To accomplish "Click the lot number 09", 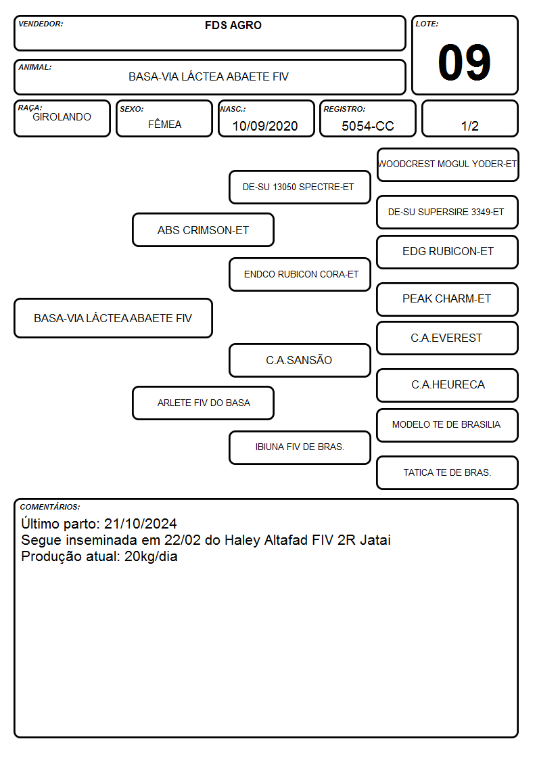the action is point(464,62).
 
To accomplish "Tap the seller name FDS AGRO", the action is point(233,25).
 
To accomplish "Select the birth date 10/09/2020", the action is point(265,126).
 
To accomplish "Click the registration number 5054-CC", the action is point(367,126).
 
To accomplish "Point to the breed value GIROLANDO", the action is point(62,117).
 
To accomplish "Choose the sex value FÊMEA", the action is point(164,124).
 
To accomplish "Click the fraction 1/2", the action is point(469,126).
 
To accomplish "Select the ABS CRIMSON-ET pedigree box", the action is point(203,230).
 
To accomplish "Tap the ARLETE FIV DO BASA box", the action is point(203,403).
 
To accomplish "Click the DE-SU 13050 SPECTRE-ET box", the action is point(300,187).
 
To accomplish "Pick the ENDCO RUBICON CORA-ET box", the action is point(300,274).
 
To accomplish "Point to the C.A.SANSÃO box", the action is point(300,360).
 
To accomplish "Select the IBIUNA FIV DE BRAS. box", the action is point(300,447).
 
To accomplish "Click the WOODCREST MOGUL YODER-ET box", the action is point(448,165).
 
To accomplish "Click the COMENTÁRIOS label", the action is point(50,507).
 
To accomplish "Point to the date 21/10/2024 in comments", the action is point(141,524).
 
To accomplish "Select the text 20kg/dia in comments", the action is point(151,556).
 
